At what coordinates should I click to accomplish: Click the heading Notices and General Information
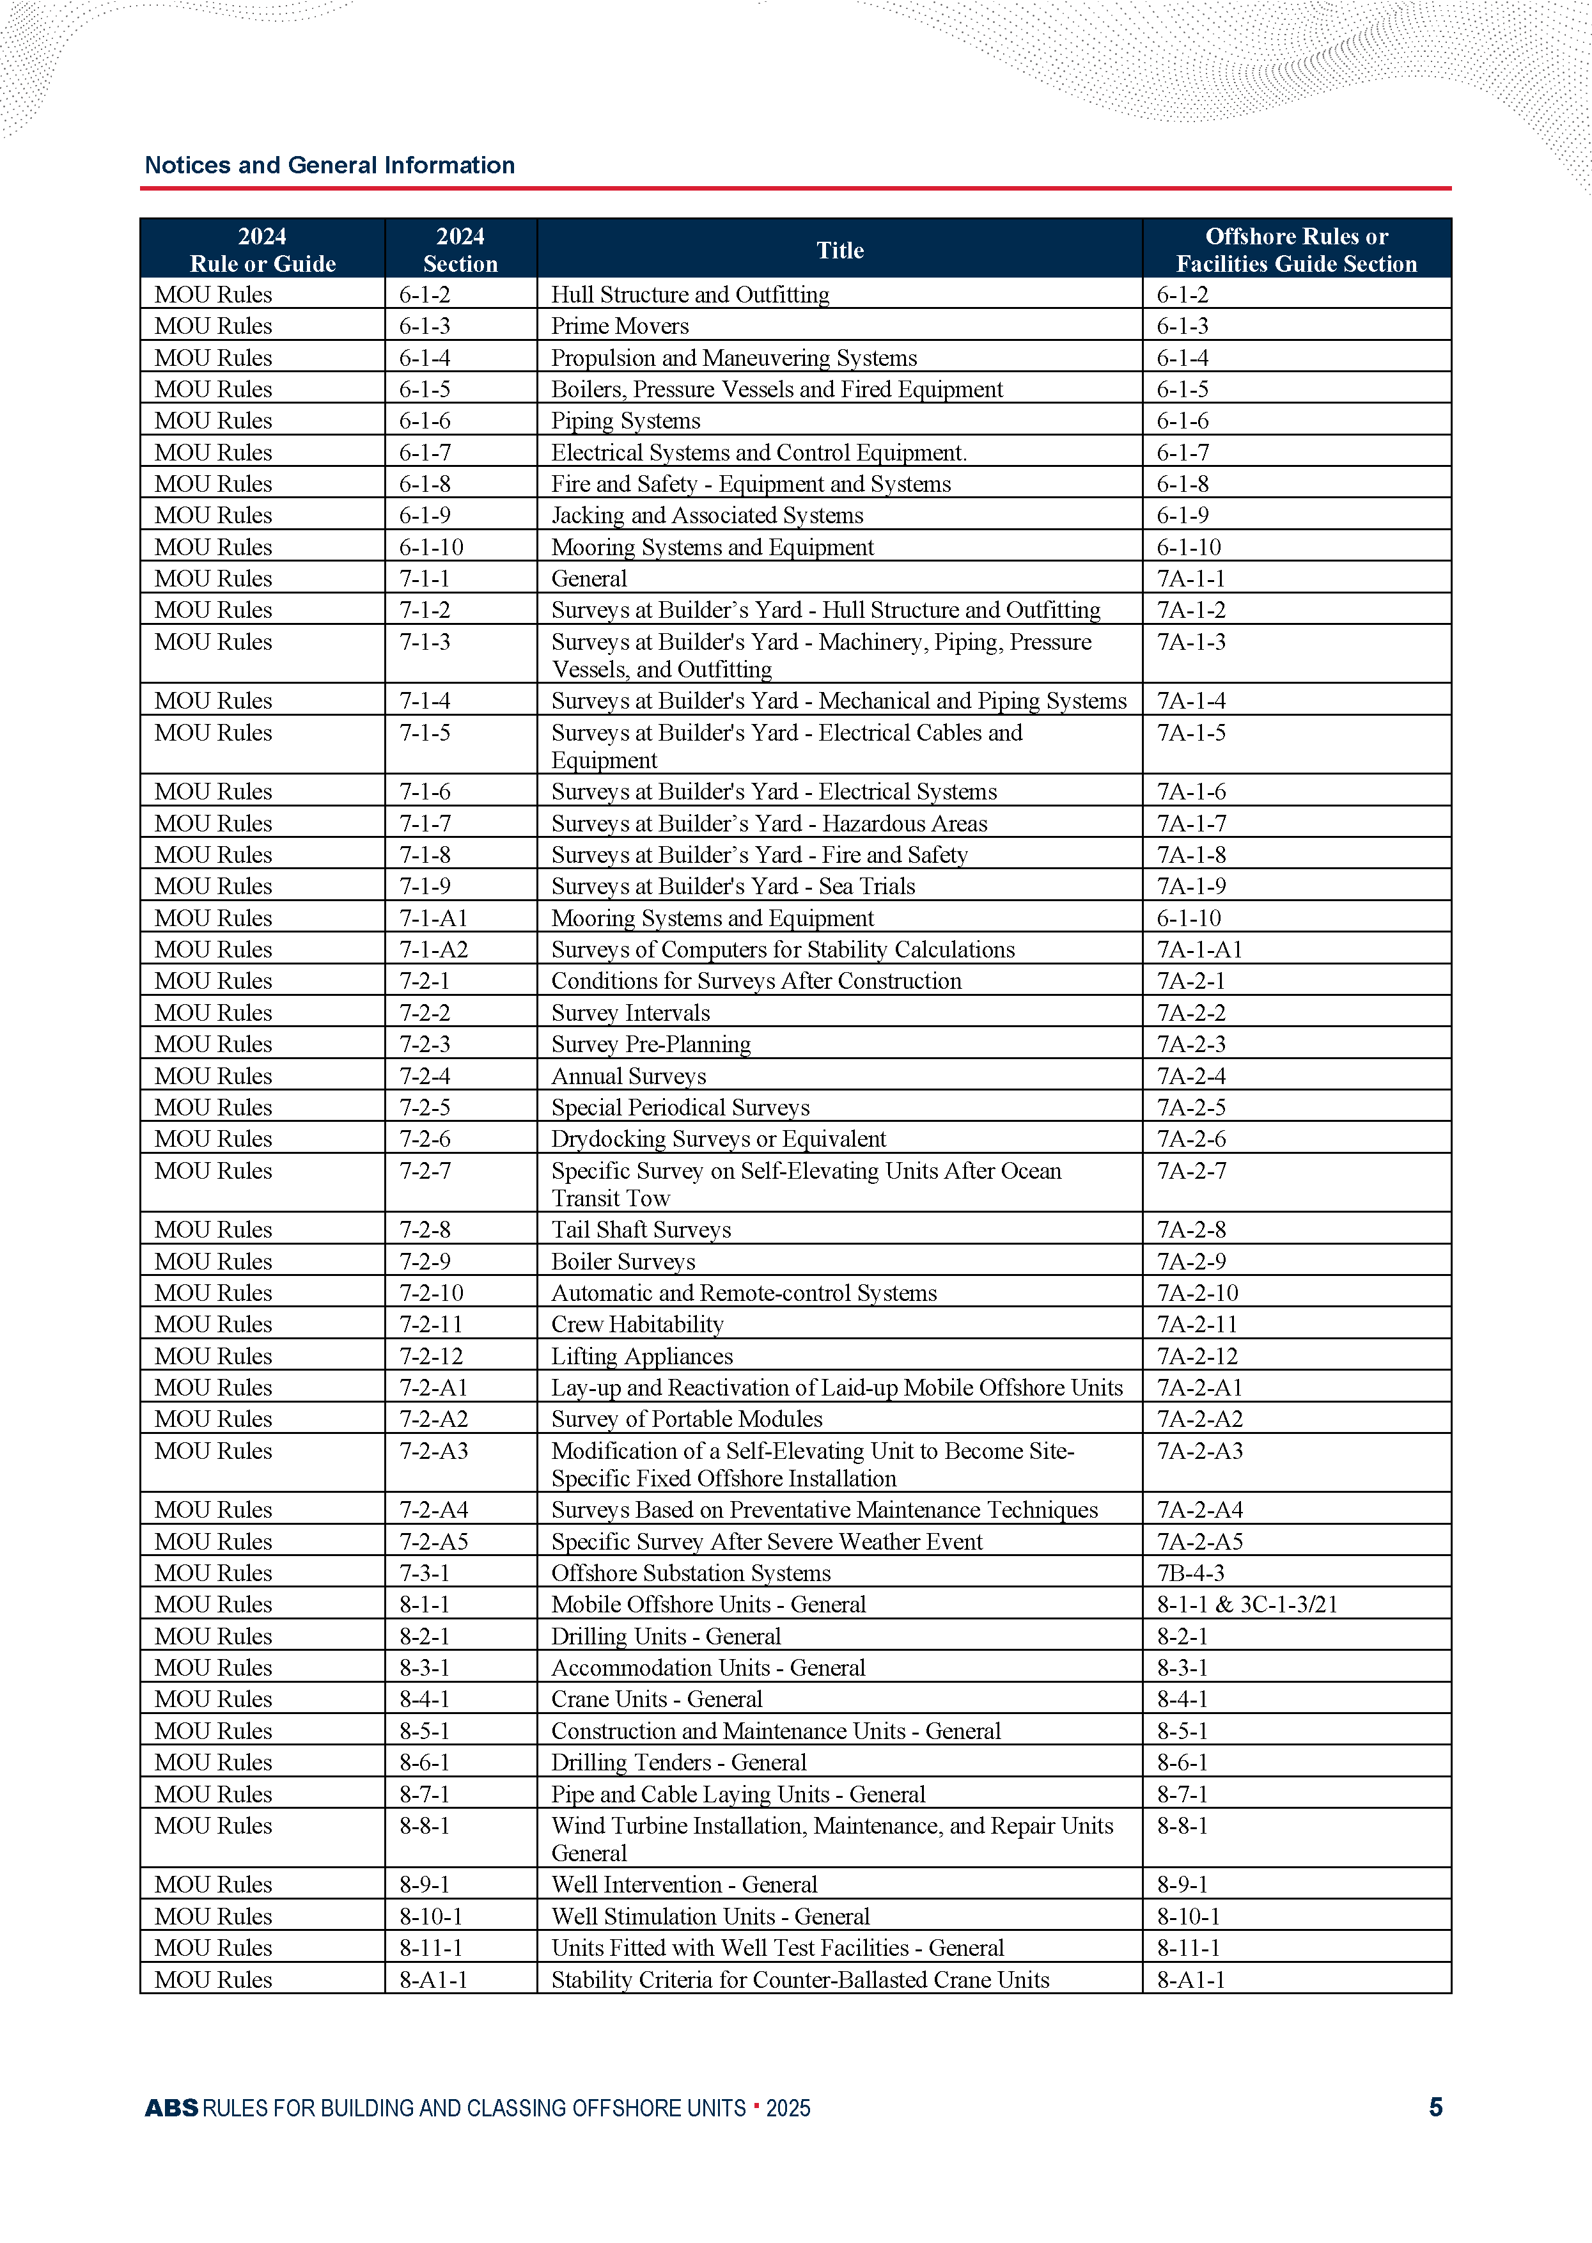329,165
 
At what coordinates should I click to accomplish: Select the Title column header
840,250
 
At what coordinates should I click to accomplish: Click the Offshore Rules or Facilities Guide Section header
1296,250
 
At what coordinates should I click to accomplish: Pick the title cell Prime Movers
620,326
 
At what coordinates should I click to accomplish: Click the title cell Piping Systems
625,421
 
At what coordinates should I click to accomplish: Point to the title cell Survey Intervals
630,1012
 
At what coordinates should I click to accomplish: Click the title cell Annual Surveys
628,1075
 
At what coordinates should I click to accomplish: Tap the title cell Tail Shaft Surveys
641,1229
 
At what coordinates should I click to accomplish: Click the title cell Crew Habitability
637,1325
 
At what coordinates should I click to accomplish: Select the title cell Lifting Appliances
642,1356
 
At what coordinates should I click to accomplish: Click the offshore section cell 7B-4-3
1190,1573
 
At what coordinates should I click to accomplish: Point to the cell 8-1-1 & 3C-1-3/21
1247,1604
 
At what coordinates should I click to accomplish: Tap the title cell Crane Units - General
656,1699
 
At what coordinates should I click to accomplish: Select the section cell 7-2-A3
433,1451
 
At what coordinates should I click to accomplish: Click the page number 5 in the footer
1435,2107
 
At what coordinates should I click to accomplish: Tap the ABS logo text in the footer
171,2107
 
